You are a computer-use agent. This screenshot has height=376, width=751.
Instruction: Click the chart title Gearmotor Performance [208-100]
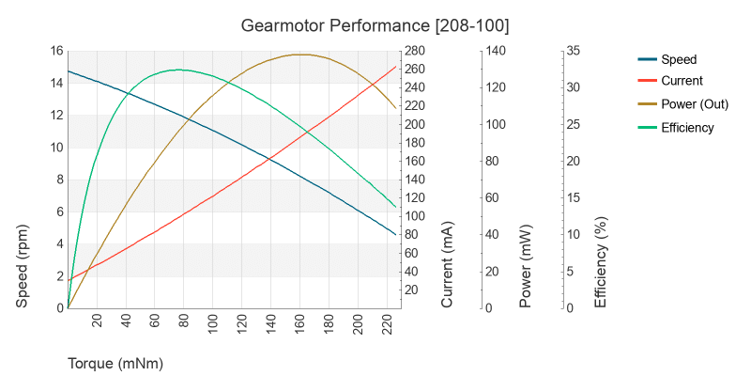[x=375, y=23]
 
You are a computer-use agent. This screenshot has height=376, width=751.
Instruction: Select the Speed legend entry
[x=679, y=59]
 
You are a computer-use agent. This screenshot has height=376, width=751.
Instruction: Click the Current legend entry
[x=682, y=81]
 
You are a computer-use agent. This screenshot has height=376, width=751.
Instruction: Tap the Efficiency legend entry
[x=687, y=128]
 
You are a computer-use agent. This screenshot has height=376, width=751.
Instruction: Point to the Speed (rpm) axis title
[x=23, y=266]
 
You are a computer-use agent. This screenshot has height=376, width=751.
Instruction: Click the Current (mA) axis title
[x=448, y=266]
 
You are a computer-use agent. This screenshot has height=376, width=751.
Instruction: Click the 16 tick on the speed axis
[x=56, y=51]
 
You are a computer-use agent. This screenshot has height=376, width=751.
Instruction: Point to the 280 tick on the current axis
[x=416, y=51]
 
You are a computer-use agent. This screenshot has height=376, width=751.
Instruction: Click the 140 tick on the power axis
[x=495, y=51]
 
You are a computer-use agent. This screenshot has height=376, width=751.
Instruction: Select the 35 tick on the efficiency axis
[x=572, y=51]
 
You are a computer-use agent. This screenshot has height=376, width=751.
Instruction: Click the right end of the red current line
[x=395, y=67]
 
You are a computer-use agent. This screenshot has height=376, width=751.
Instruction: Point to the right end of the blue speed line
[x=395, y=234]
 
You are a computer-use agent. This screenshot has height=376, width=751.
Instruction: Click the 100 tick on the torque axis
[x=213, y=323]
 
